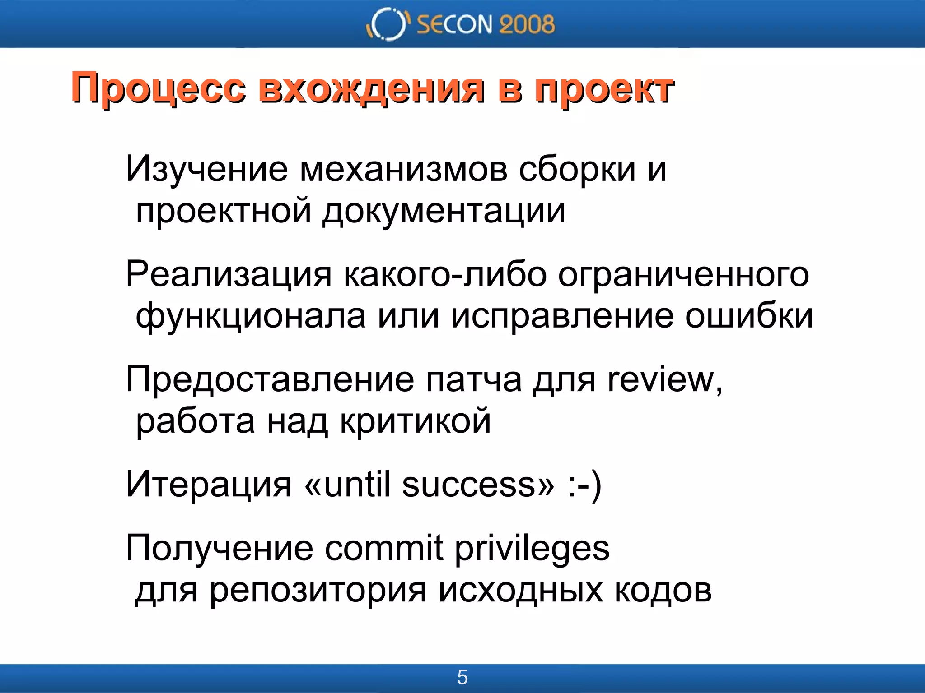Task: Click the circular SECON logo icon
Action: tap(387, 24)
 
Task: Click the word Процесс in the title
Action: tap(159, 88)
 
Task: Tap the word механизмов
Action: tap(403, 169)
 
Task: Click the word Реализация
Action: tap(229, 274)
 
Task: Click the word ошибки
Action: tap(749, 316)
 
